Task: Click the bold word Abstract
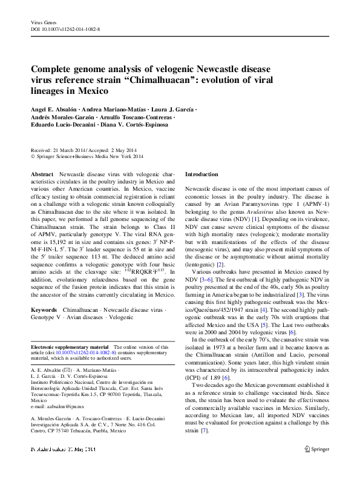point(42,174)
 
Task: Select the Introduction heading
point(201,174)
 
